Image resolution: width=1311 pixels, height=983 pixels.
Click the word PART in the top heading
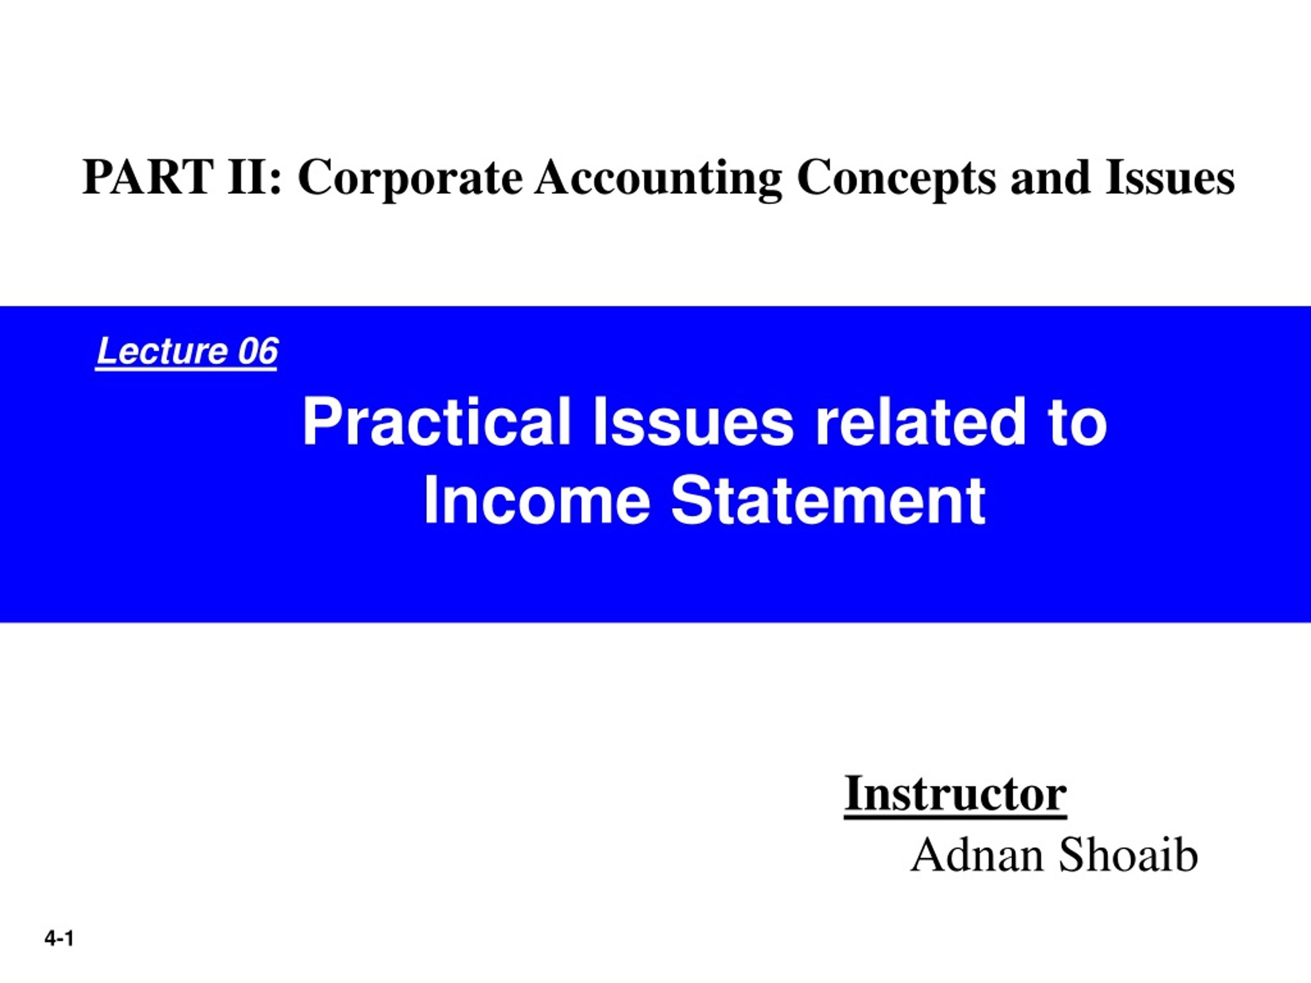click(149, 177)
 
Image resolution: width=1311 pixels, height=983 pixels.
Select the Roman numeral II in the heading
click(246, 177)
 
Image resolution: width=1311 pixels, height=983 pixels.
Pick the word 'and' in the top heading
click(1051, 177)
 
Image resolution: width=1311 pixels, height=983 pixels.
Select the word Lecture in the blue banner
click(162, 351)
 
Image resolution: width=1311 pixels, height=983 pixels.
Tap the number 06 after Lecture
click(258, 351)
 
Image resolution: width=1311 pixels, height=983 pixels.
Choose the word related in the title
click(920, 422)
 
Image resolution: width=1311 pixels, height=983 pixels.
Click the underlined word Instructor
click(956, 794)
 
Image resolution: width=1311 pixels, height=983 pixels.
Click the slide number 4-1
click(59, 938)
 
